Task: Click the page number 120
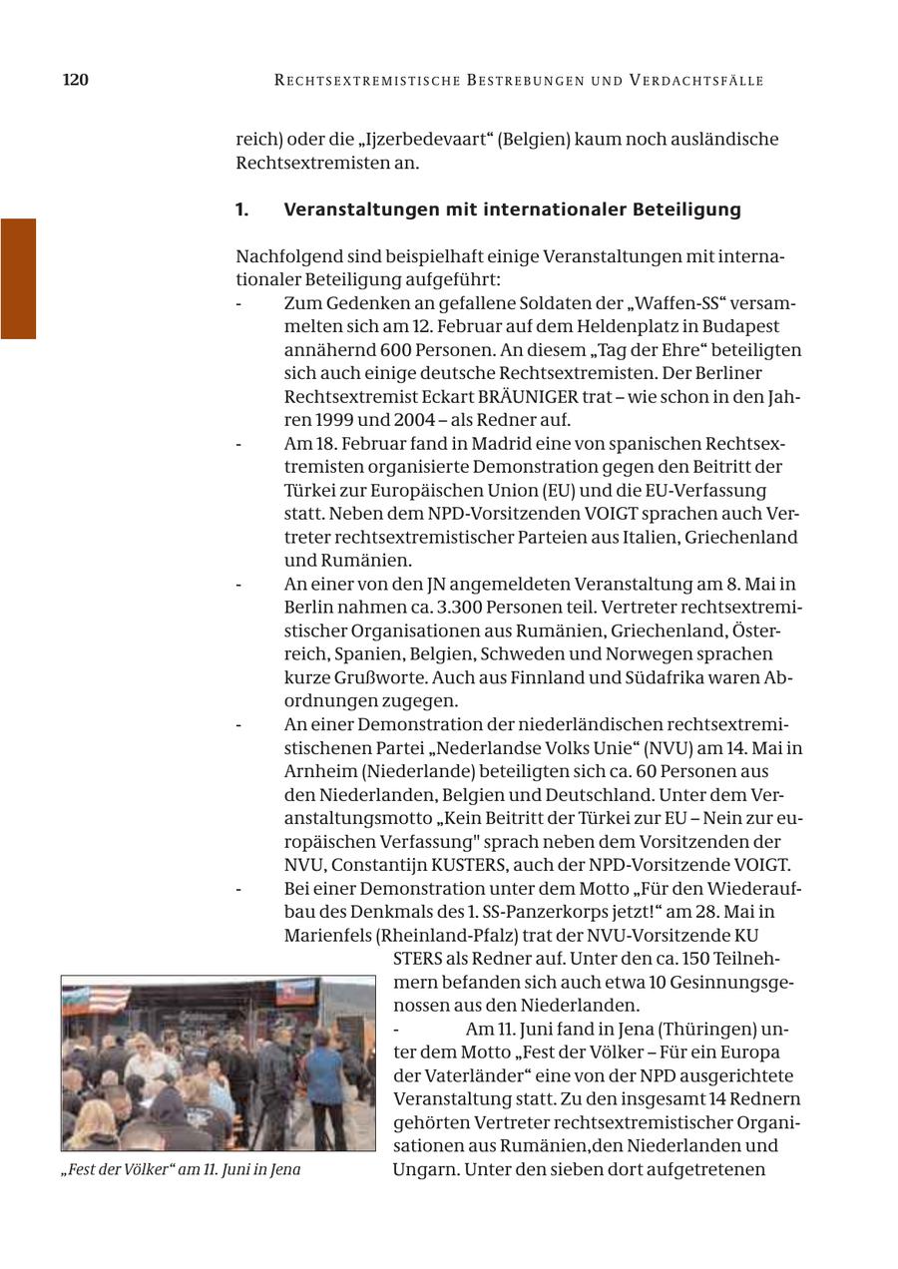coord(76,80)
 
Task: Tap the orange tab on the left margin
coord(18,278)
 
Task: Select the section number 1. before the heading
coord(241,210)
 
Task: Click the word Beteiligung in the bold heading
coord(687,210)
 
